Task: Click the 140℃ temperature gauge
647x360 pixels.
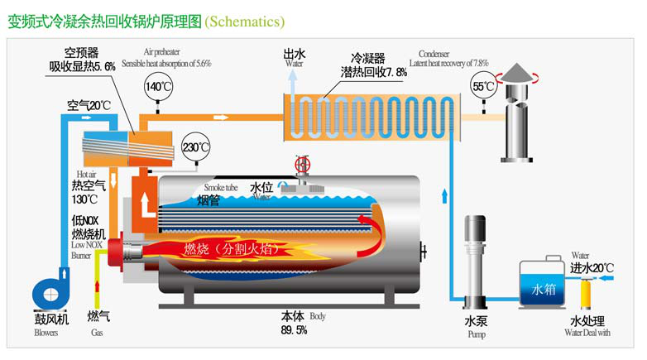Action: [x=158, y=86]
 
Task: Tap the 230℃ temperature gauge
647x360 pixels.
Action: [x=196, y=146]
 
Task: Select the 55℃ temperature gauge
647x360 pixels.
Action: [x=484, y=85]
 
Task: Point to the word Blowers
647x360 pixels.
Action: [x=46, y=334]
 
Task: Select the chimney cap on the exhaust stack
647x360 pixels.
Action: [x=520, y=74]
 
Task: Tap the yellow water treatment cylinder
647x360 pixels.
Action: [x=589, y=290]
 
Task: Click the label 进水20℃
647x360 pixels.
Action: [x=592, y=267]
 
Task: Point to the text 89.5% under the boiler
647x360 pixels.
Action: [x=294, y=329]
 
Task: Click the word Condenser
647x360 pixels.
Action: [x=435, y=53]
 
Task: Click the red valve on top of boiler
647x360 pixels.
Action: [x=303, y=163]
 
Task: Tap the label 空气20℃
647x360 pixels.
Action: [x=89, y=105]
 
